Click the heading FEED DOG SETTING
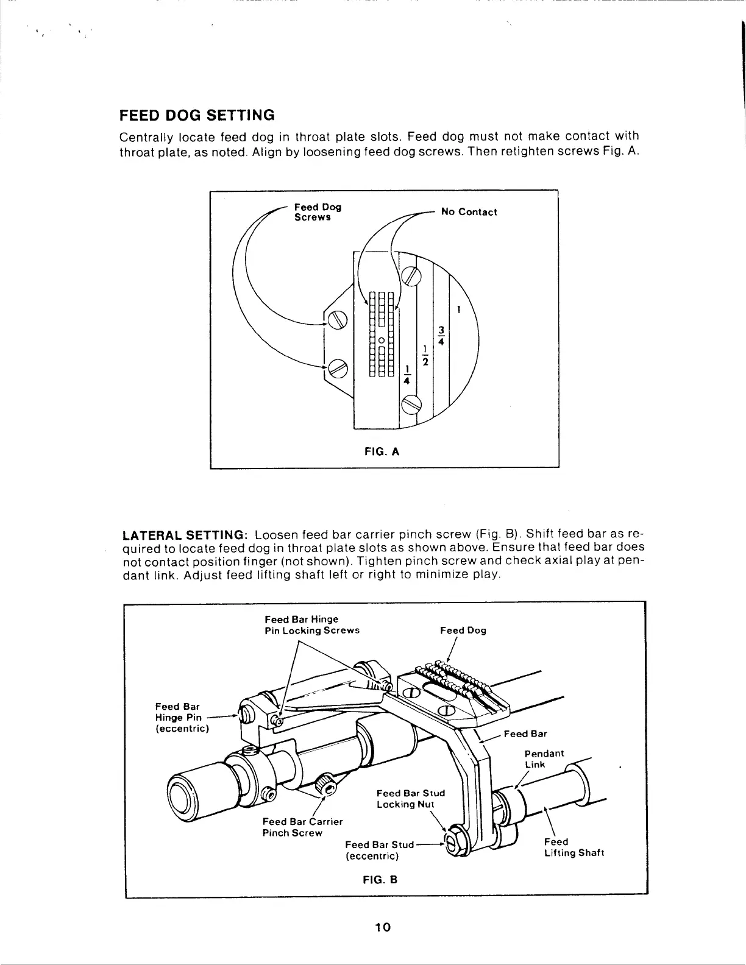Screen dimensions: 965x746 pyautogui.click(x=196, y=115)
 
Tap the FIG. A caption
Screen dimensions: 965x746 pyautogui.click(x=381, y=451)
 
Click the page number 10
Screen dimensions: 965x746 pyautogui.click(x=382, y=927)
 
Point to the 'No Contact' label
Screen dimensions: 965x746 pyautogui.click(x=469, y=212)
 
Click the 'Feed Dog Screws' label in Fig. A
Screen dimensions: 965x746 pyautogui.click(x=317, y=212)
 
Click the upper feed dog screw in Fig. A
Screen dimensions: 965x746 pyautogui.click(x=338, y=319)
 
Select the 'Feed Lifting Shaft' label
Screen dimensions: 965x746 pyautogui.click(x=574, y=847)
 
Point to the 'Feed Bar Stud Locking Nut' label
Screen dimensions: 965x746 pyautogui.click(x=410, y=798)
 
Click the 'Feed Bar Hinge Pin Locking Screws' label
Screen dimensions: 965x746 pyautogui.click(x=311, y=624)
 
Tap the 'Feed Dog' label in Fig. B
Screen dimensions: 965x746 pyautogui.click(x=463, y=631)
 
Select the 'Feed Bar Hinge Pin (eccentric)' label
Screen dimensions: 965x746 pyautogui.click(x=182, y=717)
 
